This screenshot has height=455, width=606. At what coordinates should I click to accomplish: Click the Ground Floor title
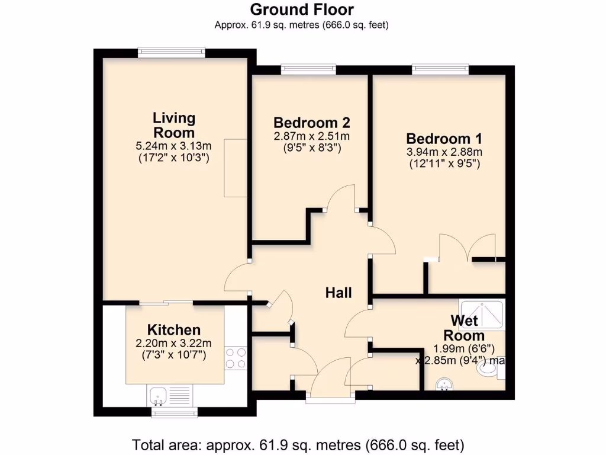tap(302, 9)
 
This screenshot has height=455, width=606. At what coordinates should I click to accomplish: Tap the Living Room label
tap(173, 125)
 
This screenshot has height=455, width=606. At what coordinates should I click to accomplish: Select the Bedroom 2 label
tap(311, 123)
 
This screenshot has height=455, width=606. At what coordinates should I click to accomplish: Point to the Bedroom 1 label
tap(444, 139)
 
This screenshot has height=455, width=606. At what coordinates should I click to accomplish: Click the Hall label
tap(339, 292)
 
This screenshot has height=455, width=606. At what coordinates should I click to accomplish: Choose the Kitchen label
tap(174, 330)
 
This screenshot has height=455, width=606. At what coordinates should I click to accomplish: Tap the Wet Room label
tap(467, 328)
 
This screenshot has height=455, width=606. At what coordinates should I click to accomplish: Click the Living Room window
tap(172, 53)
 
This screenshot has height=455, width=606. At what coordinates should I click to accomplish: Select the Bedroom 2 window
tap(308, 70)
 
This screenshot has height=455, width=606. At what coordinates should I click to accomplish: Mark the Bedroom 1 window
tap(440, 70)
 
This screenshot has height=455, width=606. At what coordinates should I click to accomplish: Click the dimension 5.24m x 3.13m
tap(173, 146)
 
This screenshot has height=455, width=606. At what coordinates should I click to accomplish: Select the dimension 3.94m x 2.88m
tap(444, 152)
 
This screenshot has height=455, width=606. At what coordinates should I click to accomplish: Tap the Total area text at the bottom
tap(298, 444)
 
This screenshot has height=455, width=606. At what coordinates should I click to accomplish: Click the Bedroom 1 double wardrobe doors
tap(467, 248)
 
